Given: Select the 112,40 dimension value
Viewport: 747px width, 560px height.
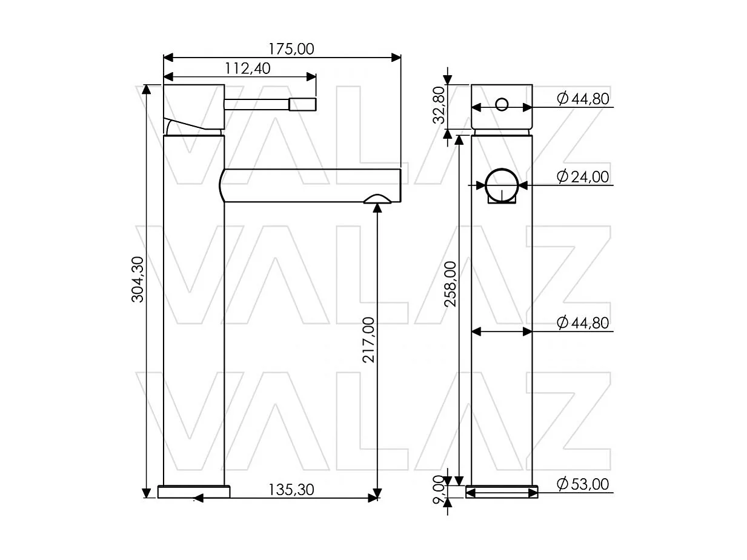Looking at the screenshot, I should point(248,68).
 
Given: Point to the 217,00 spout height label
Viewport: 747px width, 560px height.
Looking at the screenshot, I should point(368,340).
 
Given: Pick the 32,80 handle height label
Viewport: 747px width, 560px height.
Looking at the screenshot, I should point(439,105).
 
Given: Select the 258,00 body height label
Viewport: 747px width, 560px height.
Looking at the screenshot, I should point(451,284).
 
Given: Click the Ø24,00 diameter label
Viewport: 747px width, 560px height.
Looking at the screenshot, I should point(582,176).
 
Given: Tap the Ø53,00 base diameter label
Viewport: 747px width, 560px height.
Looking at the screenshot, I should point(582,484).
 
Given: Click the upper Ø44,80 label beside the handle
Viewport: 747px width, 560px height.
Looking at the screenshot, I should point(582,99).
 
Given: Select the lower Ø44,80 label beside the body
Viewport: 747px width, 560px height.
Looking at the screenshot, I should point(582,323).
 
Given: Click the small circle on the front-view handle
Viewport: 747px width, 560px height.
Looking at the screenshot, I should point(502,104).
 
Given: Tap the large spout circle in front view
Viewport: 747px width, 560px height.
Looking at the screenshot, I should point(502,184).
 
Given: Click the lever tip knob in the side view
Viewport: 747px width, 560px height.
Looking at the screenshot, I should point(302,104).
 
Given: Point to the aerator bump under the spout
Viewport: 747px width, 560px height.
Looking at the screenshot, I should point(377,198).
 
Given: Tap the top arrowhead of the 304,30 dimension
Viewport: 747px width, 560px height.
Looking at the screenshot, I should point(146,89).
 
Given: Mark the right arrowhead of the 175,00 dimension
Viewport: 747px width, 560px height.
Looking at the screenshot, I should point(397,58).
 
